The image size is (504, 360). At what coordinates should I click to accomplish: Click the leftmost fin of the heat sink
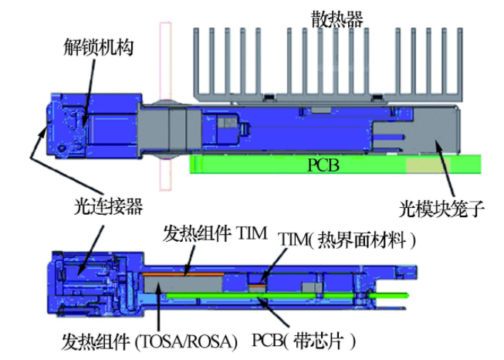pyautogui.click(x=195, y=61)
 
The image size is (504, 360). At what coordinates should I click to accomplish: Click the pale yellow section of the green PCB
pyautogui.click(x=425, y=164)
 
